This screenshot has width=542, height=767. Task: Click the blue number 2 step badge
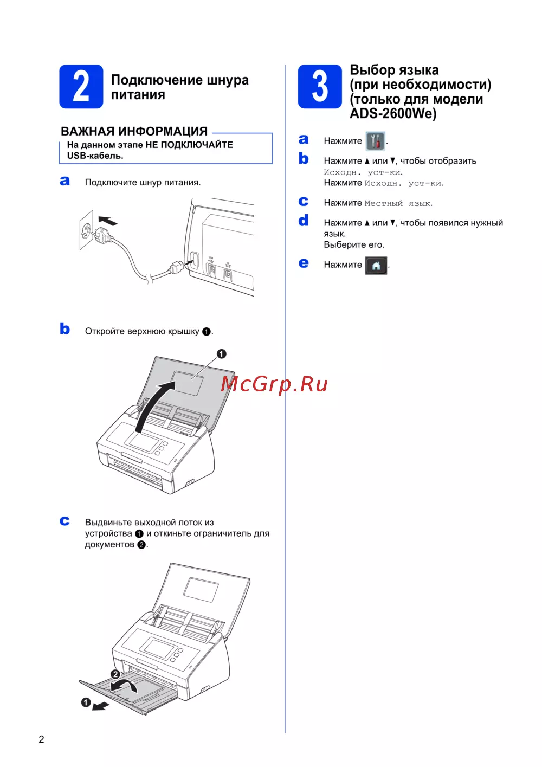81,87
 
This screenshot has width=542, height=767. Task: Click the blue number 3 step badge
320,87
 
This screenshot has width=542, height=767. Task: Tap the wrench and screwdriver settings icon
375,141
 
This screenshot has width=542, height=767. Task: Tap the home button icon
376,266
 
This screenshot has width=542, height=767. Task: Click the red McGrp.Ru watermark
274,384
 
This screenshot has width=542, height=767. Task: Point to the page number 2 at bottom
41,739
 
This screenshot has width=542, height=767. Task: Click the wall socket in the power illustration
86,230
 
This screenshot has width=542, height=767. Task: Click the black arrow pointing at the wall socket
107,221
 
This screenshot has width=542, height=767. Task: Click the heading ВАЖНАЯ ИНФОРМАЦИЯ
134,131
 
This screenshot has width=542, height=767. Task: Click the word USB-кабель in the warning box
95,156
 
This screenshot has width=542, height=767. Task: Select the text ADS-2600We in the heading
393,114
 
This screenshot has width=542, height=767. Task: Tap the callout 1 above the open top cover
222,354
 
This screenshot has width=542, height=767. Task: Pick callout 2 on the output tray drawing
115,674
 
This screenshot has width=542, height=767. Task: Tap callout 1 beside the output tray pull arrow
86,702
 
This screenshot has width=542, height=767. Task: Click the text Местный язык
397,203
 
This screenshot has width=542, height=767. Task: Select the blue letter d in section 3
304,220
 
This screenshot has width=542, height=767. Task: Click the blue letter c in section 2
64,521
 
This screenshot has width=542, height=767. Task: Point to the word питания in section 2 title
138,95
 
